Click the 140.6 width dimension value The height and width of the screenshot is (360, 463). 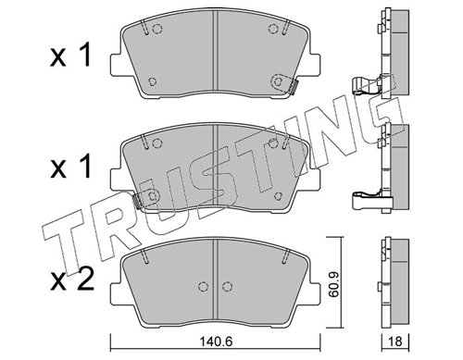pyautogui.click(x=216, y=341)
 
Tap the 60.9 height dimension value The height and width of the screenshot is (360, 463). pyautogui.click(x=333, y=284)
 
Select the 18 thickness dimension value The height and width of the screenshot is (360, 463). pyautogui.click(x=395, y=341)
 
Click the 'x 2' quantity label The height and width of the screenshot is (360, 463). pyautogui.click(x=71, y=279)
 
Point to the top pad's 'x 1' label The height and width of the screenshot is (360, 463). pyautogui.click(x=70, y=56)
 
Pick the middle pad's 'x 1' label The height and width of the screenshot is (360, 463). pyautogui.click(x=70, y=167)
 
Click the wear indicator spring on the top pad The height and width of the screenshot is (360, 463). pyautogui.click(x=294, y=86)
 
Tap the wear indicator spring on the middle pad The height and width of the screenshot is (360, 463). pyautogui.click(x=136, y=201)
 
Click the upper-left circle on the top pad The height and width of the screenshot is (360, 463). pyautogui.click(x=157, y=29)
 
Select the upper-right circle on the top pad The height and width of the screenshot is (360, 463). pyautogui.click(x=273, y=29)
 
